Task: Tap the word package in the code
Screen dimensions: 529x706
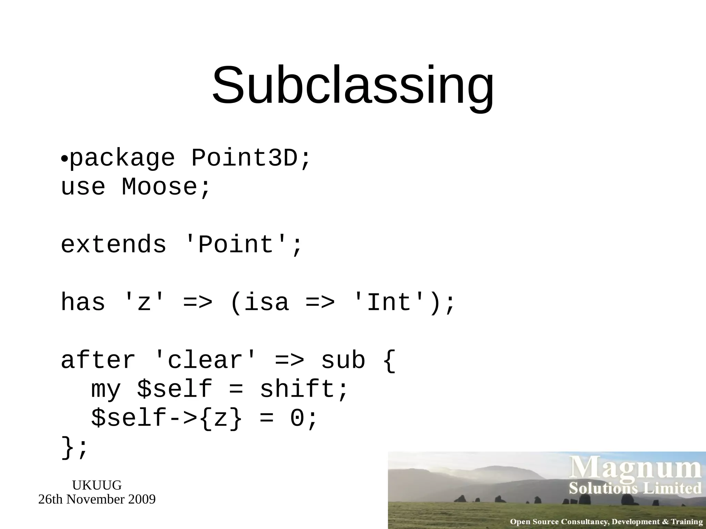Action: [x=122, y=159]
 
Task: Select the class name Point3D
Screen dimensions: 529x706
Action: [x=244, y=158]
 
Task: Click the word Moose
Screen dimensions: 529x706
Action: [x=160, y=187]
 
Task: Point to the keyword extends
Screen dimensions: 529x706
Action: [x=114, y=245]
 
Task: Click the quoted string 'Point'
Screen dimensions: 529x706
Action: [x=236, y=245]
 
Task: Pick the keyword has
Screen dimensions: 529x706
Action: [x=83, y=302]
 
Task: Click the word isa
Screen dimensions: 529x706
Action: [x=266, y=302]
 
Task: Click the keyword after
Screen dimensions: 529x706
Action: [x=98, y=360]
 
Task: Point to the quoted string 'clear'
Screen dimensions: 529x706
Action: [x=205, y=360]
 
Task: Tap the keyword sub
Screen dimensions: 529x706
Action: [x=343, y=360]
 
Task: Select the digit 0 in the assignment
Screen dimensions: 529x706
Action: [x=297, y=418]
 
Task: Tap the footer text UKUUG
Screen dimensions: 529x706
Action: [x=97, y=485]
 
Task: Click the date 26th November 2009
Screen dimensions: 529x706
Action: [x=97, y=499]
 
